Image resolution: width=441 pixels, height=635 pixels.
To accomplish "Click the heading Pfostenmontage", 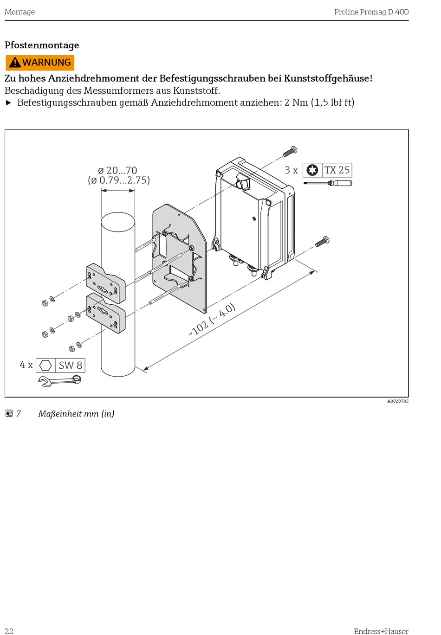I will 42,45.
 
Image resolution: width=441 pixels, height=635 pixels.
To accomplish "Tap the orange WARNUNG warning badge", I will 40,63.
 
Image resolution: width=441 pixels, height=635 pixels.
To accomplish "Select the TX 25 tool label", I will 337,170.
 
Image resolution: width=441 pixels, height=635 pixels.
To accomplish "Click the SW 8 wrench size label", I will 70,366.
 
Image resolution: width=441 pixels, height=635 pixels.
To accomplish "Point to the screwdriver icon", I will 328,183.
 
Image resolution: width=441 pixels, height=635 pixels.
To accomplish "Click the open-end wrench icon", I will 60,381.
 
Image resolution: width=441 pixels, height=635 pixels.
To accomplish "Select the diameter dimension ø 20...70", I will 118,171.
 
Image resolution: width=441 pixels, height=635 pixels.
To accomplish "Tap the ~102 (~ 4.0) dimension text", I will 212,320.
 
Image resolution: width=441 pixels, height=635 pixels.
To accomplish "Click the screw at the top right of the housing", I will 290,151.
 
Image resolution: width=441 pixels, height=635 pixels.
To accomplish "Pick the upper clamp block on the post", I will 105,283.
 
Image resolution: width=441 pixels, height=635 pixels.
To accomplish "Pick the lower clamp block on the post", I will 106,313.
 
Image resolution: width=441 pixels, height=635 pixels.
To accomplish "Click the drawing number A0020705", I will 398,401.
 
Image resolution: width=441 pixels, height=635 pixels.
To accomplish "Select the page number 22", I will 9,631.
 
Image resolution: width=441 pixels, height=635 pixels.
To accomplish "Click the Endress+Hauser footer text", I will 381,631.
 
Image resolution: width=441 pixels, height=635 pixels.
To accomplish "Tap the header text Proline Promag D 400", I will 371,12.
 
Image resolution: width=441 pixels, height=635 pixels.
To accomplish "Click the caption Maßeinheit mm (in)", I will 76,414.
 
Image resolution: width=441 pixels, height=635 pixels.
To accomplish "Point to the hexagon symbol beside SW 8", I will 45,366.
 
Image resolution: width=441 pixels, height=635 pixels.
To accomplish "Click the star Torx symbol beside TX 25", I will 312,170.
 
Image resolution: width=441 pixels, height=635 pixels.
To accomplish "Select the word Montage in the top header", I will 19,12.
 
